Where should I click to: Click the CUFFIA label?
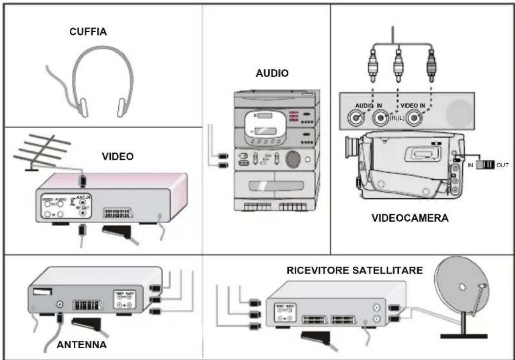point(88,33)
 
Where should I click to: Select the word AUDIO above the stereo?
point(272,73)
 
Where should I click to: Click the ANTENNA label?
point(81,345)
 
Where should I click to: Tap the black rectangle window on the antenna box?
point(43,292)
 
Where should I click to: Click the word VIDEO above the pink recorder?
point(118,157)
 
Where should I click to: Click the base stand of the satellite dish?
point(463,336)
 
